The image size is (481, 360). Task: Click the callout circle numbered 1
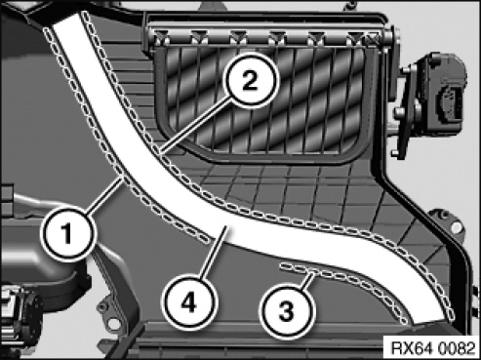67,233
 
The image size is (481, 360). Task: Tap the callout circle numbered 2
250,80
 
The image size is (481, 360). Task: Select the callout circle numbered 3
286,310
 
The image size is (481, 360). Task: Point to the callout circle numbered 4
188,302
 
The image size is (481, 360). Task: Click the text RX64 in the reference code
412,348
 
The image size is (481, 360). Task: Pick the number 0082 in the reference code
457,348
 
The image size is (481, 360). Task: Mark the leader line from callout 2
195,126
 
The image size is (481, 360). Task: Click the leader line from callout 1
104,195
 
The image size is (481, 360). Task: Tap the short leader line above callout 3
307,280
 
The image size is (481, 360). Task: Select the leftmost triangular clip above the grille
162,37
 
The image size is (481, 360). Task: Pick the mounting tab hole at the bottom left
114,324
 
